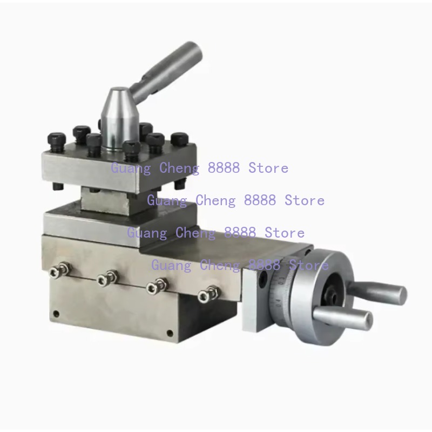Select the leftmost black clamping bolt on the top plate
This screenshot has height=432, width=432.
click(57, 143)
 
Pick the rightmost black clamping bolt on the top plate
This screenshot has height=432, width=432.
click(179, 140)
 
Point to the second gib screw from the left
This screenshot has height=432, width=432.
click(107, 278)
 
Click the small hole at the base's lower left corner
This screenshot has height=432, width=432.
click(56, 314)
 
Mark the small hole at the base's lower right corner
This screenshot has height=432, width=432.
click(170, 333)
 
